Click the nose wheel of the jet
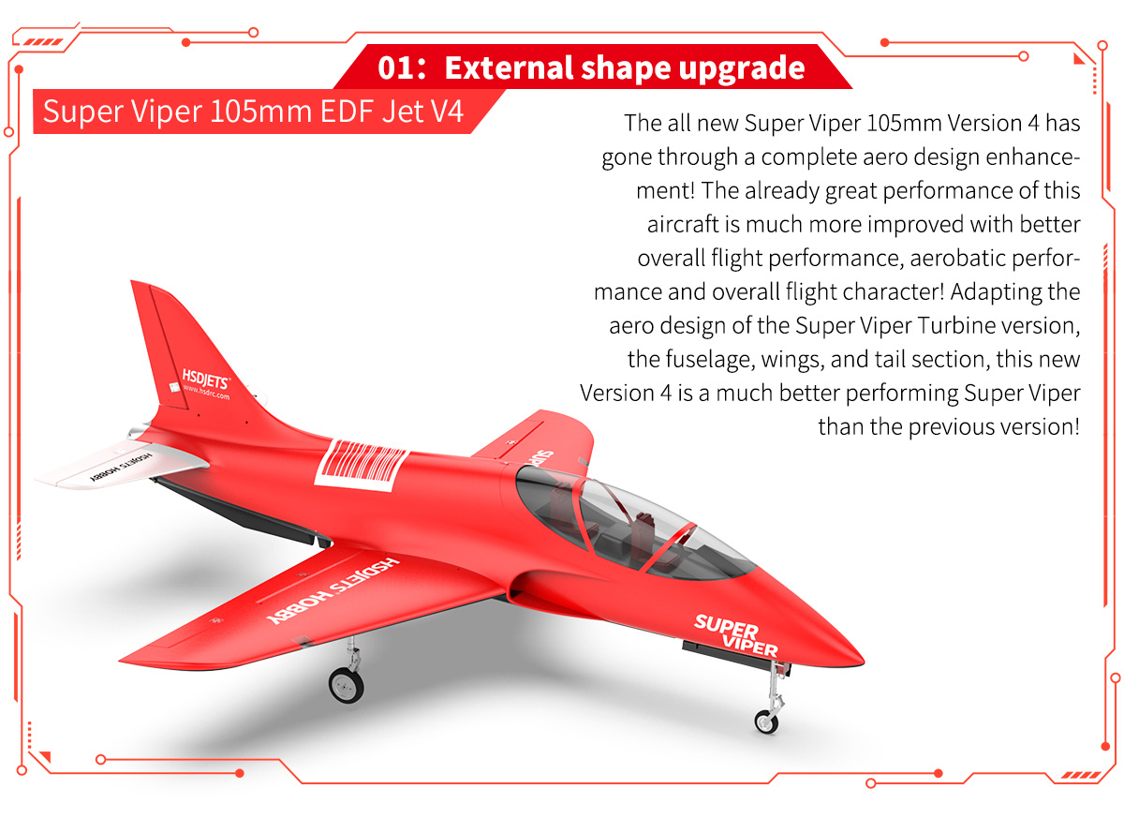point(766,722)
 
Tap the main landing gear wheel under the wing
point(347,684)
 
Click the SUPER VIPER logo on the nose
point(735,634)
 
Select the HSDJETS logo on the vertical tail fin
point(205,379)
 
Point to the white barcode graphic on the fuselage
point(362,465)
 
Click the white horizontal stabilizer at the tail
point(121,465)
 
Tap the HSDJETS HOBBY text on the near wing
point(333,590)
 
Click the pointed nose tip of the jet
point(862,661)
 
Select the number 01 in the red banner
point(395,67)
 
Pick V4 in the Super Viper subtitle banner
point(447,111)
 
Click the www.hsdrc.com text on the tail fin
point(207,392)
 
